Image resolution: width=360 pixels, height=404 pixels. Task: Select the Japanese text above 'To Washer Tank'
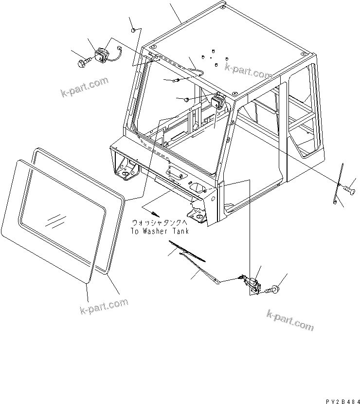tap(162, 223)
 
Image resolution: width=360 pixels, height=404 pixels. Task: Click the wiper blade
tap(187, 250)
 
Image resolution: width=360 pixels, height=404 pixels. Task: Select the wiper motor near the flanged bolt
tap(252, 284)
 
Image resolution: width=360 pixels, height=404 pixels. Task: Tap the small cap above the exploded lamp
tap(132, 31)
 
